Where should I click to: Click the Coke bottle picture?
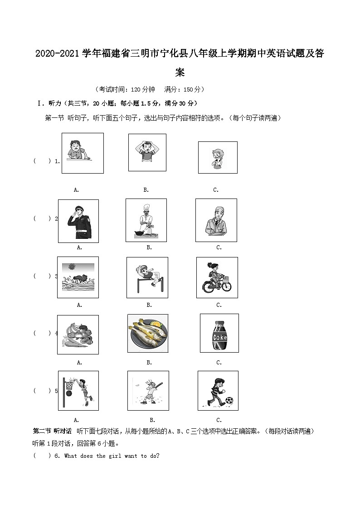219,333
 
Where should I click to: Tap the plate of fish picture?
148,334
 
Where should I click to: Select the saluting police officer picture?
78,221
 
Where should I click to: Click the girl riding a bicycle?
217,277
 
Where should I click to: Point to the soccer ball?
229,401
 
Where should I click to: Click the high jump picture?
147,277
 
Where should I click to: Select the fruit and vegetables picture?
78,335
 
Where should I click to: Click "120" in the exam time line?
129,89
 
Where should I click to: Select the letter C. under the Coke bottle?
219,363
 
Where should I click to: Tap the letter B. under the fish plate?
149,363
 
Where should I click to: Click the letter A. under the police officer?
79,247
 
